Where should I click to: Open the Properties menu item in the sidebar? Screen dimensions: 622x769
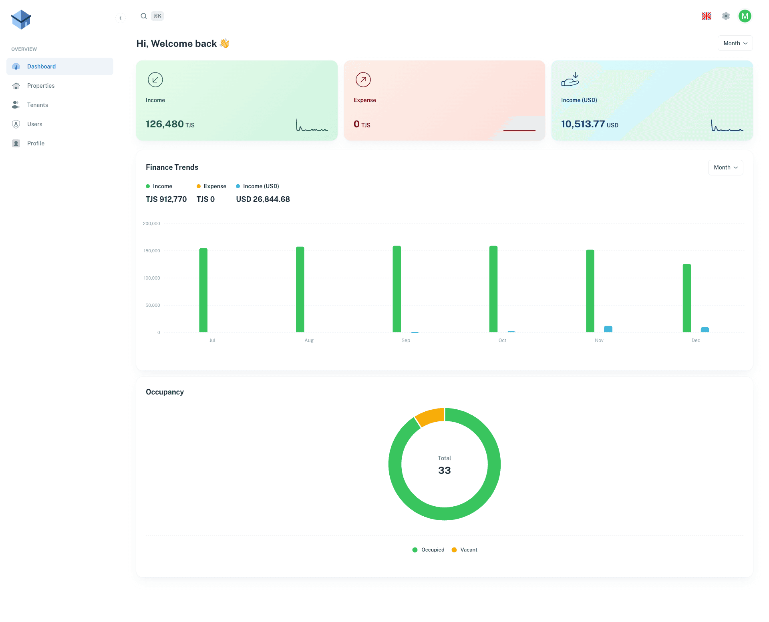(40, 86)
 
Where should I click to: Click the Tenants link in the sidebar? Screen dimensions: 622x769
(37, 105)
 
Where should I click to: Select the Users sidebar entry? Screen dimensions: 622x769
(34, 124)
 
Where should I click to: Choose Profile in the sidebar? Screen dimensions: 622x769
(36, 143)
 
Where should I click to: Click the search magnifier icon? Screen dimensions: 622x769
(143, 16)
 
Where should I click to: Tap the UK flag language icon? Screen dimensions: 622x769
(706, 16)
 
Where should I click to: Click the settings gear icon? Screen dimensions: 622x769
(726, 16)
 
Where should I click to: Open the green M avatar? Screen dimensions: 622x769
(745, 16)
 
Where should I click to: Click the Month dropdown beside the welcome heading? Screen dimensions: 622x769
(735, 43)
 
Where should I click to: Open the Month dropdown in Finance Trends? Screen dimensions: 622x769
(725, 167)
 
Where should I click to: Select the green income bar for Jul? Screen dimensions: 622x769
(203, 290)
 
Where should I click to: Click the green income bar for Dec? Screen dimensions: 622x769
(687, 298)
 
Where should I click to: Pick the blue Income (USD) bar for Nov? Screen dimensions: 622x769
(608, 329)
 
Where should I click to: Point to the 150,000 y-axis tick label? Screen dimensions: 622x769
(152, 251)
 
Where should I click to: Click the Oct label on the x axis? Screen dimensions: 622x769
(502, 340)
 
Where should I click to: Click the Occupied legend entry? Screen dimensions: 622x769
(429, 550)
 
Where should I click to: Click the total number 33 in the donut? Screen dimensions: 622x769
(444, 470)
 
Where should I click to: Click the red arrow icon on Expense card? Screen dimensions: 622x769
(363, 80)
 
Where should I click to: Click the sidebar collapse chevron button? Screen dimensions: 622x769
(121, 18)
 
